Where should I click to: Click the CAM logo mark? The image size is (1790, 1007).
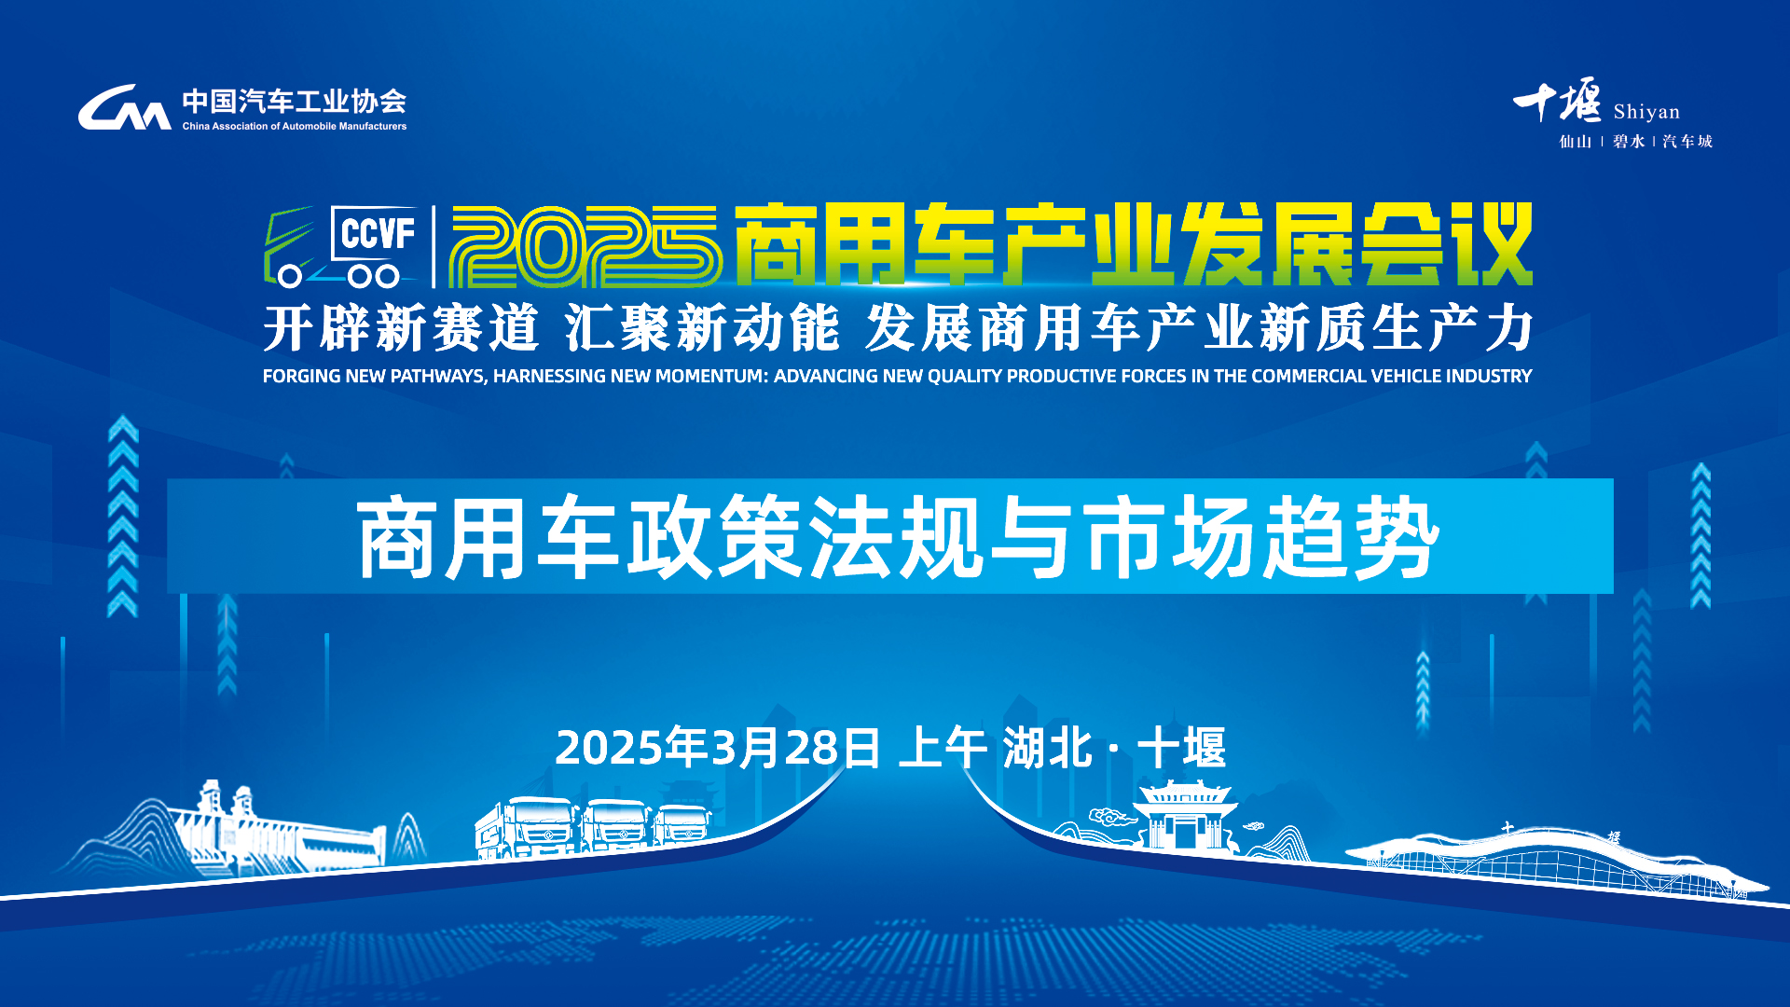point(124,106)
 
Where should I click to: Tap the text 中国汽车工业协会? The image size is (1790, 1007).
point(295,101)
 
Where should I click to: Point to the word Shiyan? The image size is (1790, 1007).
point(1646,112)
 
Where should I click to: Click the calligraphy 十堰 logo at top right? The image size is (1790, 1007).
point(1557,101)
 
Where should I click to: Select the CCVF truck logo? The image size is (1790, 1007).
point(341,246)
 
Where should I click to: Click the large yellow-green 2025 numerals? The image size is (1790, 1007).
point(585,246)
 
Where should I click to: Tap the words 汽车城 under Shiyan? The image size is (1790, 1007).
point(1687,141)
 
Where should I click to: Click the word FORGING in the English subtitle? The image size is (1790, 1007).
point(302,376)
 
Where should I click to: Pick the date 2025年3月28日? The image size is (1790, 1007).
point(718,747)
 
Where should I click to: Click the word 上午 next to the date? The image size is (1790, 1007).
point(943,747)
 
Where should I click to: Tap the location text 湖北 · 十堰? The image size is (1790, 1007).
point(1114,747)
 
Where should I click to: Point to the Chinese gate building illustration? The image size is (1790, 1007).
point(1186,816)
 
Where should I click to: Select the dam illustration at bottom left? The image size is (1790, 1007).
point(280,830)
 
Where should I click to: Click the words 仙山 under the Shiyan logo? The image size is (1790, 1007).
point(1576,141)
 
